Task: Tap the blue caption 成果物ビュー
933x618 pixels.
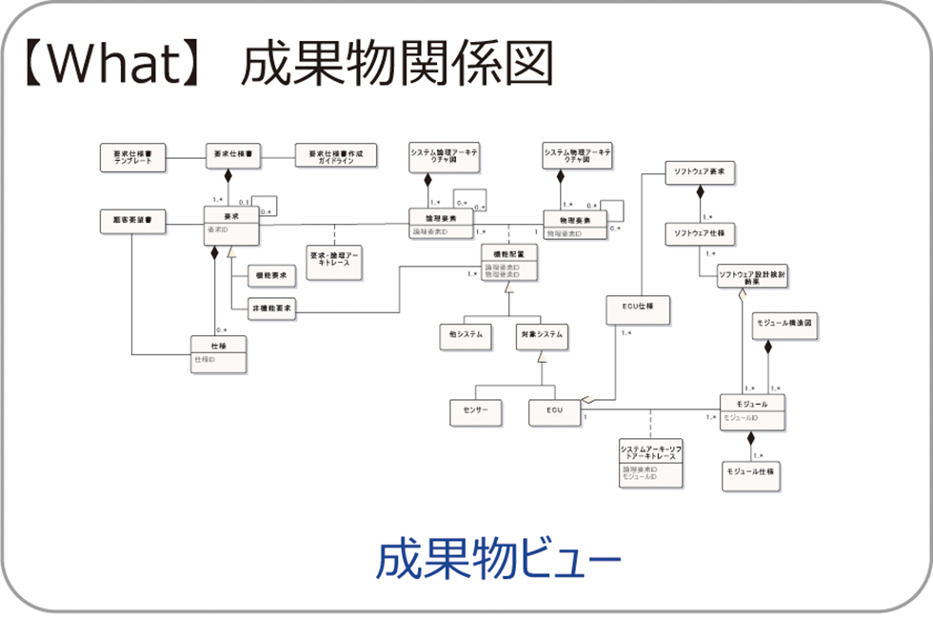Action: click(499, 560)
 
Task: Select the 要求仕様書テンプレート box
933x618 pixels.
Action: click(132, 157)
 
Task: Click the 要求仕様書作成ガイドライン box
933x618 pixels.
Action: click(335, 157)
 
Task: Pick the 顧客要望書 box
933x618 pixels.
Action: click(132, 221)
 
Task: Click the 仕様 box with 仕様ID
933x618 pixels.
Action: click(218, 355)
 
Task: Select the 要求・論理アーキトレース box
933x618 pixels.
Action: click(335, 263)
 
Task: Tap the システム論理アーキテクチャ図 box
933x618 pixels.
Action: click(444, 157)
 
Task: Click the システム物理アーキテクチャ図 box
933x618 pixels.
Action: click(577, 157)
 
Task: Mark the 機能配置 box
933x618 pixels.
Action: click(508, 263)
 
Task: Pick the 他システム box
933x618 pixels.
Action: click(465, 335)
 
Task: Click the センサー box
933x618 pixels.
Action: click(475, 410)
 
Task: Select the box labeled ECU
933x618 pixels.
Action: click(555, 410)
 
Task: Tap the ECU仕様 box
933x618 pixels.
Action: click(637, 309)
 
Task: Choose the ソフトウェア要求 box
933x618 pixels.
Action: click(700, 173)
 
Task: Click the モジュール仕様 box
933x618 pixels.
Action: click(750, 471)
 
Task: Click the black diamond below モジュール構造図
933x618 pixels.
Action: click(768, 347)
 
